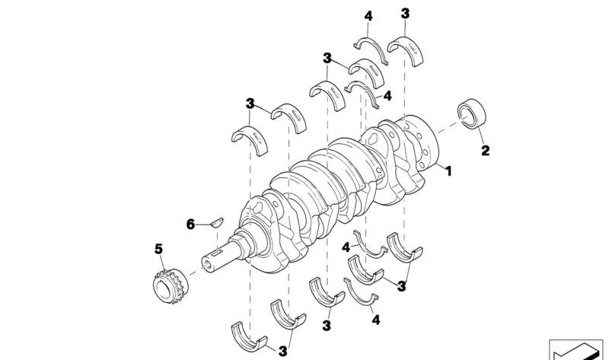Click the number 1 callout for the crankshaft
(x=448, y=172)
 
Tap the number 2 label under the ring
(x=484, y=151)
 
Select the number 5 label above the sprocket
(x=158, y=249)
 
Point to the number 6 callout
(x=191, y=224)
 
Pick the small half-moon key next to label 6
(x=215, y=222)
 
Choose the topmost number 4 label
(x=368, y=16)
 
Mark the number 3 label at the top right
(x=405, y=14)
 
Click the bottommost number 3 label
(x=282, y=352)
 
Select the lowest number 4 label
(x=375, y=321)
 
